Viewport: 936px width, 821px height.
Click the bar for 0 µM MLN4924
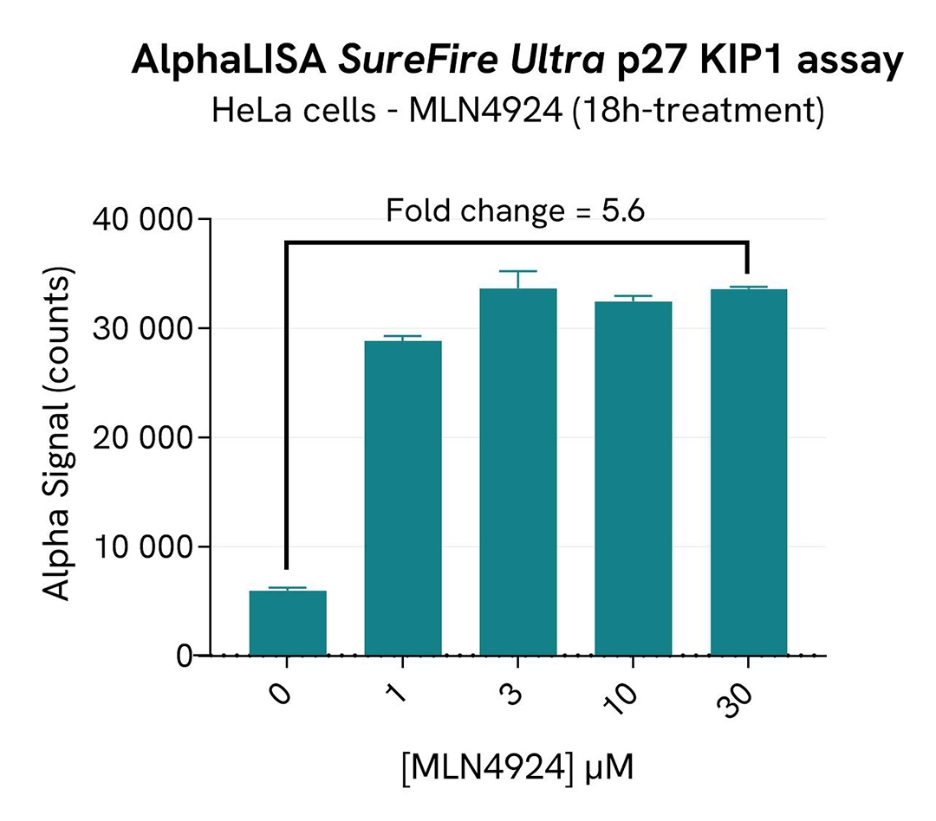[x=287, y=623]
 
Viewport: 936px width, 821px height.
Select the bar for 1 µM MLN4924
[x=402, y=498]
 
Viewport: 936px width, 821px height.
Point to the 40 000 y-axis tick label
[x=140, y=220]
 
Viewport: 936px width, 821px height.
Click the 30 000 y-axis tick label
[x=140, y=329]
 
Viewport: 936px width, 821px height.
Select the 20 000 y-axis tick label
[x=140, y=438]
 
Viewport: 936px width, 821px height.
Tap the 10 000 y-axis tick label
[x=140, y=547]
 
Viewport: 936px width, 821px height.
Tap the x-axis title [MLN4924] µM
[x=517, y=766]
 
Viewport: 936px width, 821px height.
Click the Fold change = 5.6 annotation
[x=515, y=210]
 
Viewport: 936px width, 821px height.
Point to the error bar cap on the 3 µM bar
[x=517, y=272]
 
